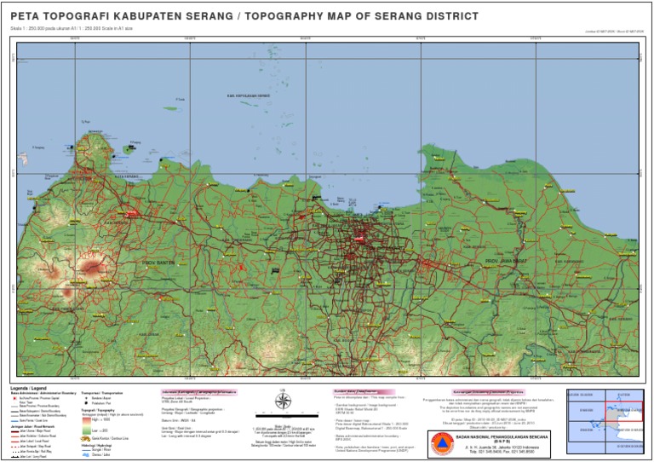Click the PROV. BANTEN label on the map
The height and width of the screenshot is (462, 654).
coord(158,263)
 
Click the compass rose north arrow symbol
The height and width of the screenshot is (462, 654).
coord(284,402)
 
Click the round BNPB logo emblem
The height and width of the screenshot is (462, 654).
coord(440,442)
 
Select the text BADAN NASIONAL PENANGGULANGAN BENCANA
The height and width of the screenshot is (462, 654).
coord(500,436)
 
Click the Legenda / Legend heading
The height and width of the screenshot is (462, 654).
coord(29,388)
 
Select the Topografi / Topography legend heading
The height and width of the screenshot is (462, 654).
coord(97,409)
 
